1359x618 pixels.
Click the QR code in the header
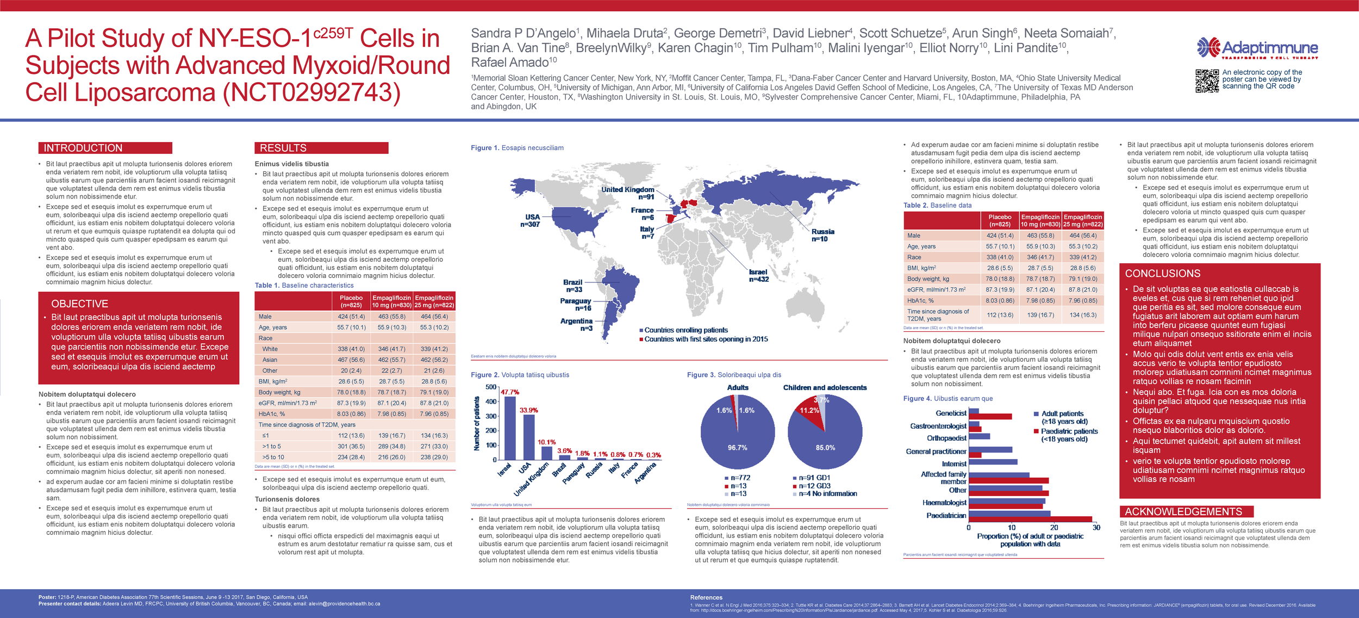pyautogui.click(x=1207, y=81)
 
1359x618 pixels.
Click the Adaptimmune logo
pyautogui.click(x=1257, y=48)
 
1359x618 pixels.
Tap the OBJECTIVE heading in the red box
pyautogui.click(x=79, y=304)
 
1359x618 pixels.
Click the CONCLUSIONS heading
pyautogui.click(x=1162, y=274)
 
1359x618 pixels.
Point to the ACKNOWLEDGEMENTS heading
pyautogui.click(x=1183, y=511)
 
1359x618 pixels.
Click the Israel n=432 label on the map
pyautogui.click(x=758, y=276)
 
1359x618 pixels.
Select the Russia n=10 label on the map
pyautogui.click(x=822, y=235)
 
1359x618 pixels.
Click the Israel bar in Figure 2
pyautogui.click(x=510, y=429)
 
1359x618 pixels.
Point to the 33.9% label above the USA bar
pyautogui.click(x=528, y=410)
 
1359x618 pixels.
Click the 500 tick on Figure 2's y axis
pyautogui.click(x=491, y=387)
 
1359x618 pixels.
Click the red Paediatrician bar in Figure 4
pyautogui.click(x=1030, y=520)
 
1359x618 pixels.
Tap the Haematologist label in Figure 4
pyautogui.click(x=944, y=503)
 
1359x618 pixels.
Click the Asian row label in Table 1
pyautogui.click(x=270, y=360)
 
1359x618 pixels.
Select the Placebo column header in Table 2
pyautogui.click(x=1000, y=220)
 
